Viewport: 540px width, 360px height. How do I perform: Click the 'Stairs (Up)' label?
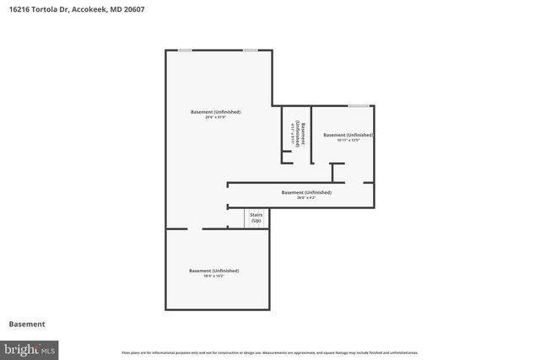pyautogui.click(x=256, y=218)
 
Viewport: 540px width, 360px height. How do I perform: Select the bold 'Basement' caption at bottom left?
pyautogui.click(x=27, y=324)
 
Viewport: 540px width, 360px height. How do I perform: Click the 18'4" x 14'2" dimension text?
pyautogui.click(x=214, y=276)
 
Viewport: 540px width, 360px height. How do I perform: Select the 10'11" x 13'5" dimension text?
pyautogui.click(x=348, y=140)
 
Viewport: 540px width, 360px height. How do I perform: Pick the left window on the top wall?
pyautogui.click(x=185, y=51)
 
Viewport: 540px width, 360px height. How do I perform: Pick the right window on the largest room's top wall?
pyautogui.click(x=251, y=51)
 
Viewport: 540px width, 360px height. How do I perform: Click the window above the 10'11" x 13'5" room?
pyautogui.click(x=359, y=105)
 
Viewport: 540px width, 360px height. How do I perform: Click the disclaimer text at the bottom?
pyautogui.click(x=270, y=352)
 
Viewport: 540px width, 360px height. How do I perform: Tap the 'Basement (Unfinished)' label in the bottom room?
pyautogui.click(x=214, y=271)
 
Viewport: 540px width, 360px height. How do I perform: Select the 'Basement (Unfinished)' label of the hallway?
pyautogui.click(x=306, y=192)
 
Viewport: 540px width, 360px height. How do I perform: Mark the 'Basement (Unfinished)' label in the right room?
pyautogui.click(x=348, y=135)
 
